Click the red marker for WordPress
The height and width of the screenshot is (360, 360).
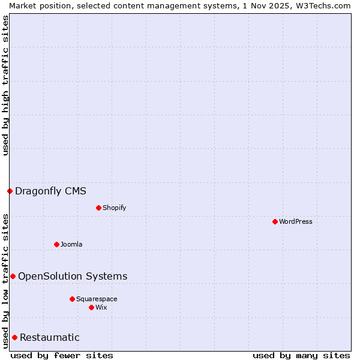pyautogui.click(x=275, y=221)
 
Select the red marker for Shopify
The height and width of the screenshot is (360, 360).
pyautogui.click(x=98, y=208)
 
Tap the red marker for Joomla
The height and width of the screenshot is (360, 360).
pyautogui.click(x=56, y=244)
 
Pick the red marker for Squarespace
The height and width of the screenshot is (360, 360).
pyautogui.click(x=72, y=299)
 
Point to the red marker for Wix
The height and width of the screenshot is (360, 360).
pyautogui.click(x=91, y=307)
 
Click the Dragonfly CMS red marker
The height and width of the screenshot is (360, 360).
pyautogui.click(x=10, y=191)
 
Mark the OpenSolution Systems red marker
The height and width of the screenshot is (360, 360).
pyautogui.click(x=13, y=276)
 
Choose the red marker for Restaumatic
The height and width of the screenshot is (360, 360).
pyautogui.click(x=14, y=337)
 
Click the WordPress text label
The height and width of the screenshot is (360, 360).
pyautogui.click(x=296, y=221)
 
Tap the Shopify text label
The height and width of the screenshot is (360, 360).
pyautogui.click(x=114, y=208)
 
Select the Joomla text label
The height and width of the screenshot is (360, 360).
pyautogui.click(x=71, y=244)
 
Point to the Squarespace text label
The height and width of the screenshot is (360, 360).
pyautogui.click(x=97, y=299)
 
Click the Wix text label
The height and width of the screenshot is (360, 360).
pyautogui.click(x=101, y=307)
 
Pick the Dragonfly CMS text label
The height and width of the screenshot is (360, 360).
pyautogui.click(x=50, y=191)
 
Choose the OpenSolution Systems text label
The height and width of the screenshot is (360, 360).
pyautogui.click(x=73, y=276)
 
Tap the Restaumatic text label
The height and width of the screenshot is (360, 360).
pyautogui.click(x=50, y=337)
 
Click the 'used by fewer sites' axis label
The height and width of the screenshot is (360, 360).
pyautogui.click(x=62, y=355)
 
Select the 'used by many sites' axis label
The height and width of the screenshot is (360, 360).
pyautogui.click(x=301, y=355)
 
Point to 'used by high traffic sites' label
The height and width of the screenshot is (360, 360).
pyautogui.click(x=5, y=85)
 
